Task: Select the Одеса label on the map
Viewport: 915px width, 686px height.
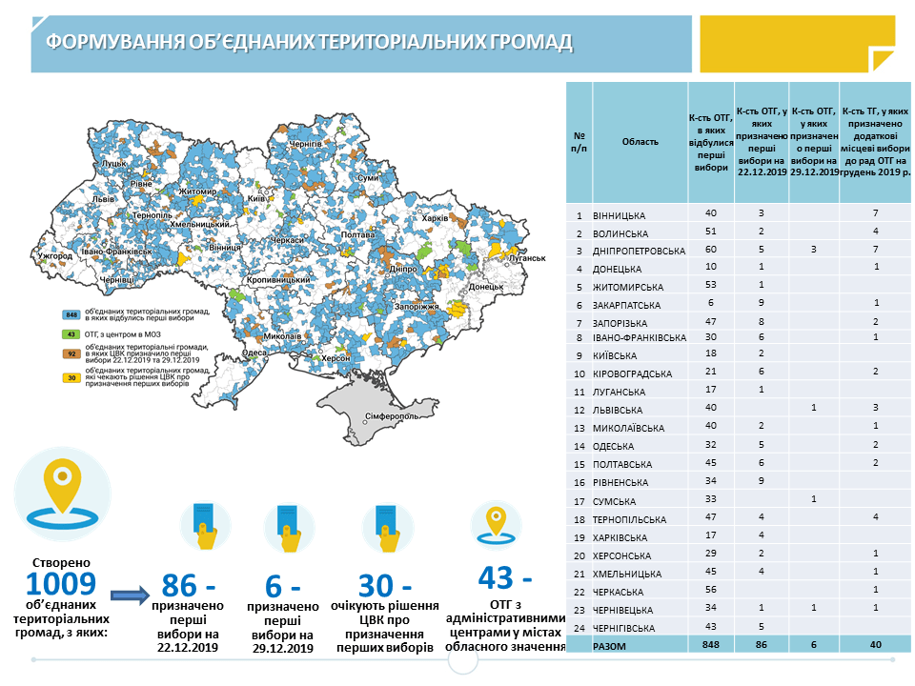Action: tap(254, 353)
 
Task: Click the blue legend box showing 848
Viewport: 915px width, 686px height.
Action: tap(70, 314)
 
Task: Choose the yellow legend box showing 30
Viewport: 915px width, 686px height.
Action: tap(70, 377)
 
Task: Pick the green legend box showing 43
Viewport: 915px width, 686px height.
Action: tap(70, 333)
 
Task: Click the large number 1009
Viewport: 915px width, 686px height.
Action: tap(61, 584)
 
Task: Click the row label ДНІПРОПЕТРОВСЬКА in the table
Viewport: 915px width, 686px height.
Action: tap(639, 252)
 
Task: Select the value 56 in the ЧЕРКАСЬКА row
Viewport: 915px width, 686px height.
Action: tap(710, 590)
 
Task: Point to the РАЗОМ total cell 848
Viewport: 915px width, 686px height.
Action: tap(710, 645)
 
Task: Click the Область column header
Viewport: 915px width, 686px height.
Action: tap(640, 142)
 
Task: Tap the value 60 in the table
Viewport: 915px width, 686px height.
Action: tap(710, 251)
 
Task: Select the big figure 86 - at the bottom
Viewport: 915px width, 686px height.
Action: tap(192, 584)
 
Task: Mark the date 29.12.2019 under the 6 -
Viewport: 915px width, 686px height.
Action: tap(282, 649)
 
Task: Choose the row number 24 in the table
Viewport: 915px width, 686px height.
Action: tap(579, 627)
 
